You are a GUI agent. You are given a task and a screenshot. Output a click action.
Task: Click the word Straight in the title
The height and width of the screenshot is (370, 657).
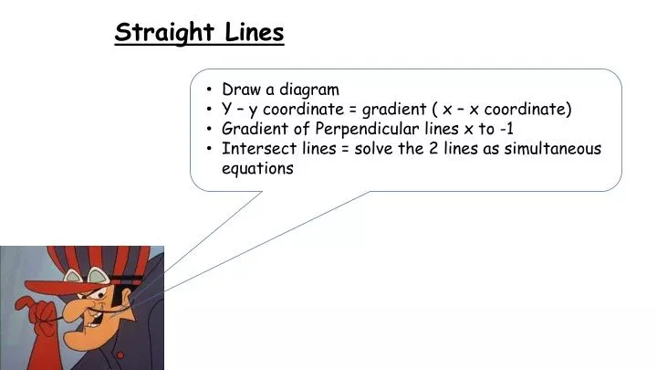(164, 33)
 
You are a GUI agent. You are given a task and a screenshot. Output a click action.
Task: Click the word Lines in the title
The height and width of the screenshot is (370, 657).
(254, 33)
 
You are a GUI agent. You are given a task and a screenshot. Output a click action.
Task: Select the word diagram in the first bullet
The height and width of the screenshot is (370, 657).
(308, 90)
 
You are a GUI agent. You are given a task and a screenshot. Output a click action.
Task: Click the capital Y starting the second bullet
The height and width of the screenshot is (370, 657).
(227, 110)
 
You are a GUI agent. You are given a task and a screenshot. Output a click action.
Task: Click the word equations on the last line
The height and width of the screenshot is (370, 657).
(257, 169)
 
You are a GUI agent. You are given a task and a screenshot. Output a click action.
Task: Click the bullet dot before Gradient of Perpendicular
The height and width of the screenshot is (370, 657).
(211, 129)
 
